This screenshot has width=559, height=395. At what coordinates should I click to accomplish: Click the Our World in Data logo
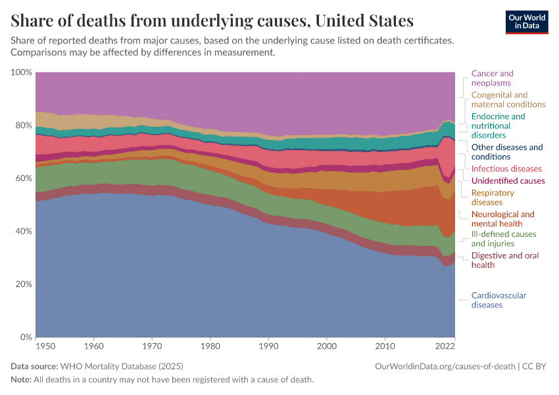coord(527,22)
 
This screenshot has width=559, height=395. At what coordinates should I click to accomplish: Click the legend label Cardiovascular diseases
coord(498,300)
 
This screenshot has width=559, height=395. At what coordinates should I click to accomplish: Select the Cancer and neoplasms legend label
coord(492,78)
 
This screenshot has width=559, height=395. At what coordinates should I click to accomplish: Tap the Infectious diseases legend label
coord(506,169)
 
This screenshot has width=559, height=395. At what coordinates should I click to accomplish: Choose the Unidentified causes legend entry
coord(508,180)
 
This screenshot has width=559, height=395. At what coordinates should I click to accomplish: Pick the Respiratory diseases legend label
coord(493,197)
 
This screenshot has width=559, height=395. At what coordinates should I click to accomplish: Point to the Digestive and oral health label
coord(504,260)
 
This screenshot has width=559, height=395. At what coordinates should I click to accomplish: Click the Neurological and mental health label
coord(503,219)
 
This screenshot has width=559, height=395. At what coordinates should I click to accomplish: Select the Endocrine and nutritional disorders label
coord(498,126)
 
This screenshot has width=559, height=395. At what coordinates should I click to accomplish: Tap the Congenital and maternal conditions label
coord(508,99)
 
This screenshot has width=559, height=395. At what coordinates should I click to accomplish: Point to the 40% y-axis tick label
coord(23,231)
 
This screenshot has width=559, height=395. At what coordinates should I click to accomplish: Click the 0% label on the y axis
coord(26,337)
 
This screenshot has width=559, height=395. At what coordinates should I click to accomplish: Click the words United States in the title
coord(364,21)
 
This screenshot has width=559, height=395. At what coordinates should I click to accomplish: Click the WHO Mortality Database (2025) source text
coord(121,366)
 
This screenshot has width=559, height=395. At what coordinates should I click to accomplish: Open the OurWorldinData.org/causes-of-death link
coord(445,366)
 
